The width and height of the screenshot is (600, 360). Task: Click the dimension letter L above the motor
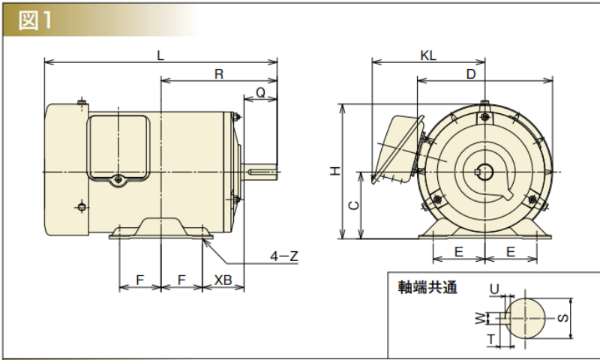coord(160,55)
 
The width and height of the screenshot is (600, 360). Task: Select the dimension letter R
coord(219,73)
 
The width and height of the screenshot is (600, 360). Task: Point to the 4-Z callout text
coord(284,256)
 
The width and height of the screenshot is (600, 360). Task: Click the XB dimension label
coord(223,279)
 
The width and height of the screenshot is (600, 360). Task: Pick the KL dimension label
coord(429,55)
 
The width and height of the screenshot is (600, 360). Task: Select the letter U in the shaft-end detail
coord(494,289)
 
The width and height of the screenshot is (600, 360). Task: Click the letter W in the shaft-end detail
coord(479,318)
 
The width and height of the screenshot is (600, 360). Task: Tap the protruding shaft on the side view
coord(259,172)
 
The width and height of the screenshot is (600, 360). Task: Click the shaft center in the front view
coord(481,172)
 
